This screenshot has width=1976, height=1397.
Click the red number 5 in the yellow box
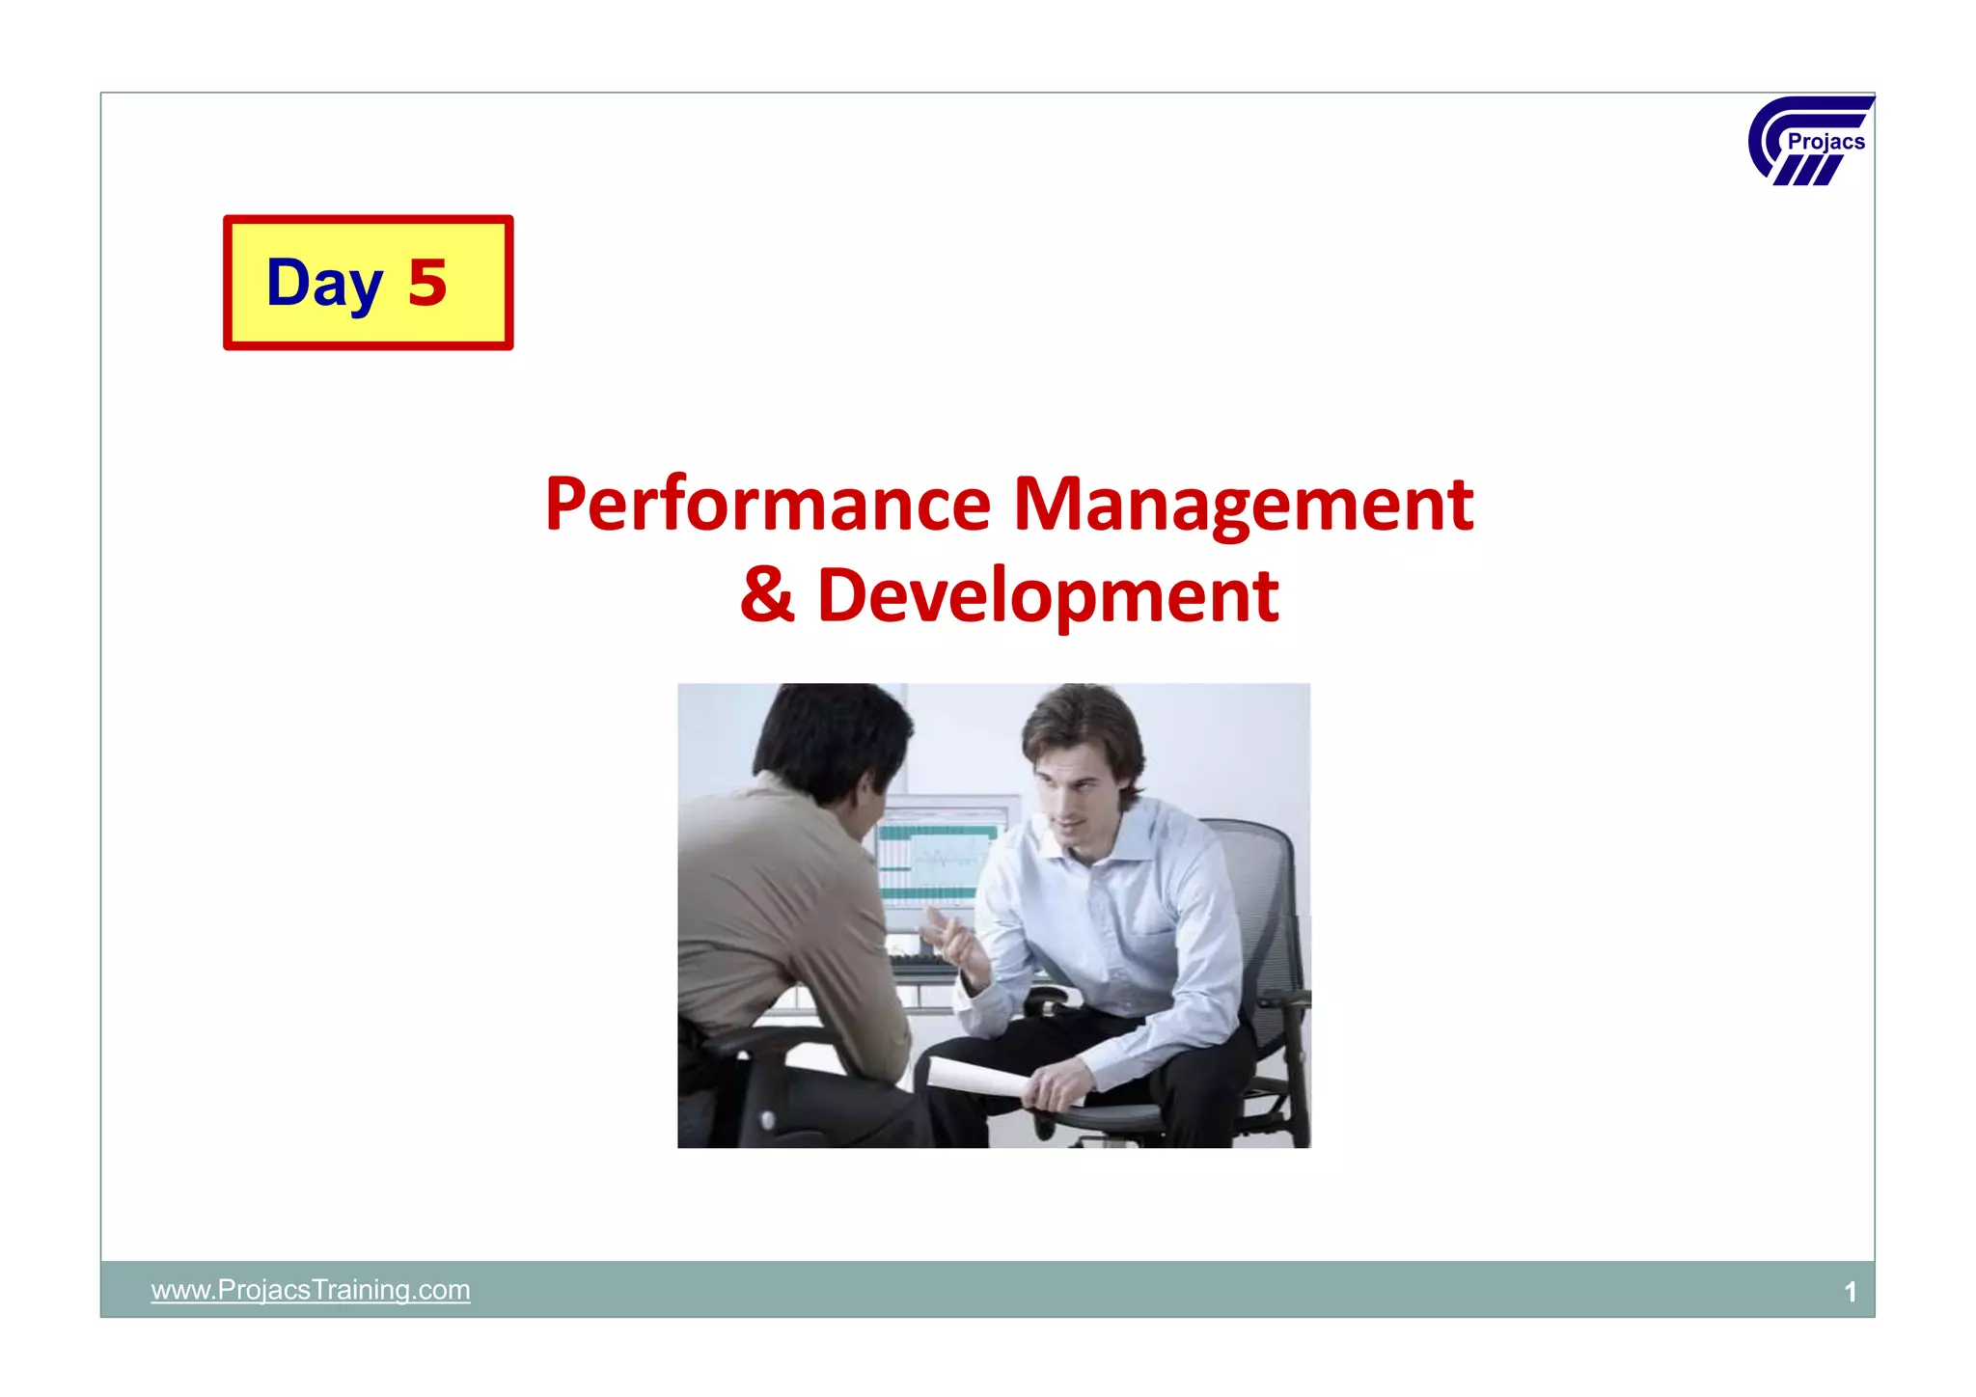427,284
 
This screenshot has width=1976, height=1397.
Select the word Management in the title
1243,504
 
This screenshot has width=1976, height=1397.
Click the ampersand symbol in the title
767,594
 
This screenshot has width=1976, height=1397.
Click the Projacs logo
1810,141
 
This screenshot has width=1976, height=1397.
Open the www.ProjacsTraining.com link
311,1289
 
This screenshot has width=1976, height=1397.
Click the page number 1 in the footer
1850,1291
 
